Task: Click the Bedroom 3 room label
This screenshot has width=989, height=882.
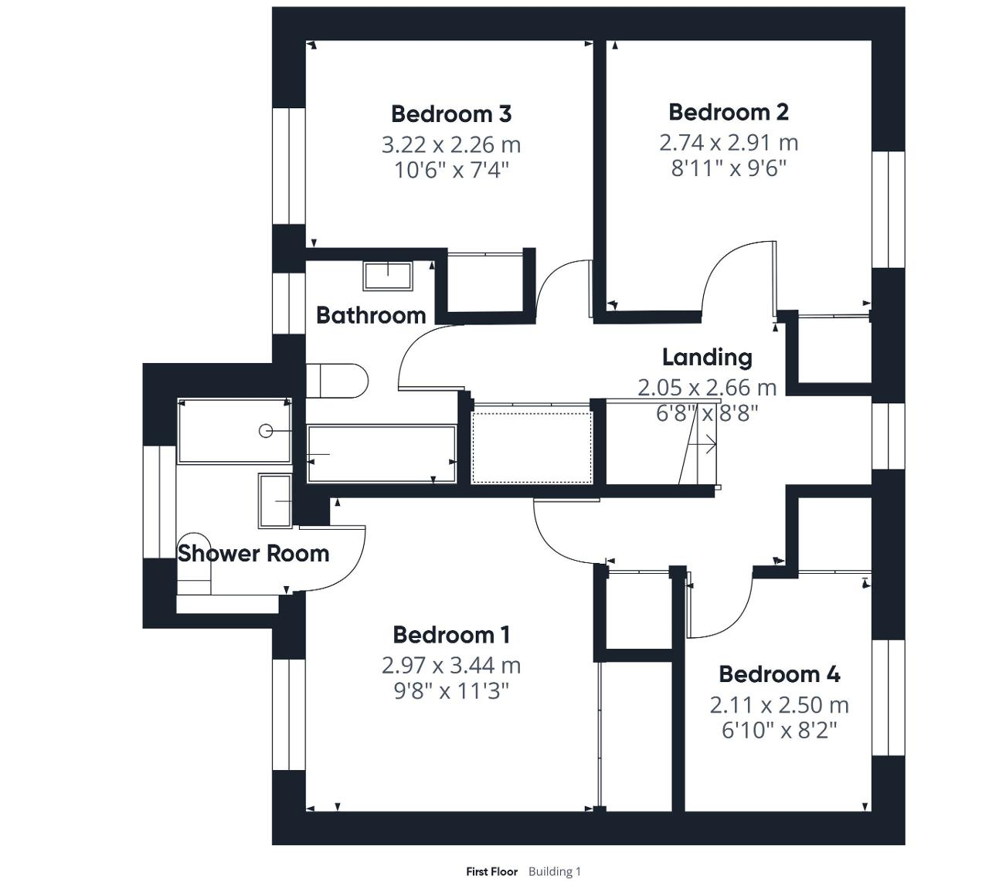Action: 451,114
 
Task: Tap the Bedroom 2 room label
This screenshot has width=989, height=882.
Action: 729,112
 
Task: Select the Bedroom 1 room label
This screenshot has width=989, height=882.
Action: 451,635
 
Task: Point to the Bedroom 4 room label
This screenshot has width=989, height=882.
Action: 780,674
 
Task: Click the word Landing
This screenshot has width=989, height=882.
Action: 707,358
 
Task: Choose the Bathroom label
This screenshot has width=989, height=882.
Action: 371,315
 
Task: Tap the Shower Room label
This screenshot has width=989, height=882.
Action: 253,554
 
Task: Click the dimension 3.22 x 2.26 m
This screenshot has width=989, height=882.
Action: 451,145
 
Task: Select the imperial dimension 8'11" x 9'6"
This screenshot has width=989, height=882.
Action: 729,168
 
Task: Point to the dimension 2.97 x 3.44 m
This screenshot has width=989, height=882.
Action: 451,665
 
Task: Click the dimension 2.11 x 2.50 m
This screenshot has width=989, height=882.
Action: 780,705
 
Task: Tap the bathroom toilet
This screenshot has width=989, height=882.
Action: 337,381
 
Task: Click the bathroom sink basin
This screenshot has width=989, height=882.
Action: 388,276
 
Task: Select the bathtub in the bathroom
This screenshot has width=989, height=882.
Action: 381,454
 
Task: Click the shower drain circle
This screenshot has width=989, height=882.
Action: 266,431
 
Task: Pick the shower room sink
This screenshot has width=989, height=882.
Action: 275,500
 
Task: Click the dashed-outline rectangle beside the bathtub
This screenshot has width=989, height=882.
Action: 532,448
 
